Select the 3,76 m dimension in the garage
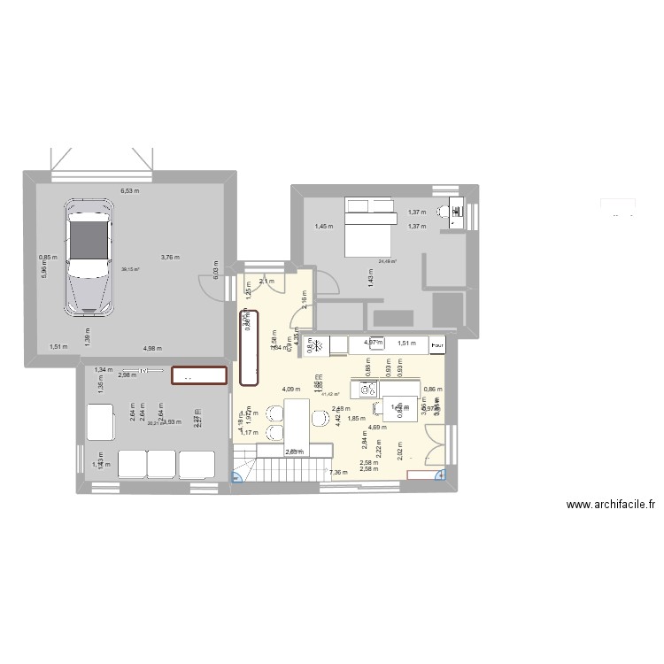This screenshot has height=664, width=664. pyautogui.click(x=169, y=258)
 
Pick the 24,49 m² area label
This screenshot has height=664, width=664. pyautogui.click(x=388, y=261)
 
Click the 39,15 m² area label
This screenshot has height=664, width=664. pyautogui.click(x=129, y=270)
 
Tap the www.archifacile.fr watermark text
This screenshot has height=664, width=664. pyautogui.click(x=611, y=505)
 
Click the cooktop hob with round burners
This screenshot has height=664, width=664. pyautogui.click(x=366, y=389)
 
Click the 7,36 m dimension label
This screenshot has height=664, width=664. pyautogui.click(x=337, y=473)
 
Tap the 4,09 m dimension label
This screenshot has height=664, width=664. pyautogui.click(x=290, y=389)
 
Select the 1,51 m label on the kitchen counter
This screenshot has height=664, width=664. pyautogui.click(x=406, y=344)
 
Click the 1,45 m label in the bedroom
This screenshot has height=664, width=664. pyautogui.click(x=324, y=227)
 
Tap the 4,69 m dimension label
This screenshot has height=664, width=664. pyautogui.click(x=376, y=428)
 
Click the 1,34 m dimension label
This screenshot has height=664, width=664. pyautogui.click(x=102, y=369)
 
